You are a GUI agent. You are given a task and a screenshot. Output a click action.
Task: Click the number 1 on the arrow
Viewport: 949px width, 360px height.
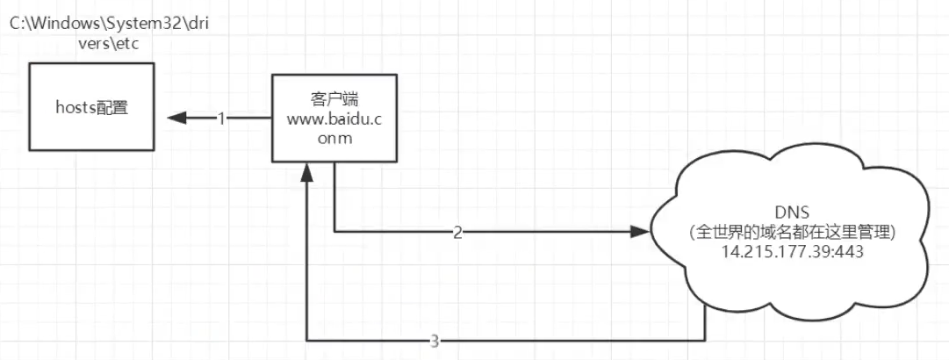pyautogui.click(x=222, y=118)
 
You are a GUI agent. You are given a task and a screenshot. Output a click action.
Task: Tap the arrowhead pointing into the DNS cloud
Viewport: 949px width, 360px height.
pyautogui.click(x=640, y=234)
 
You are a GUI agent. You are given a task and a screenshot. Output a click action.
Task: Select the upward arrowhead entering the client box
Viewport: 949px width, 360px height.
pyautogui.click(x=306, y=175)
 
